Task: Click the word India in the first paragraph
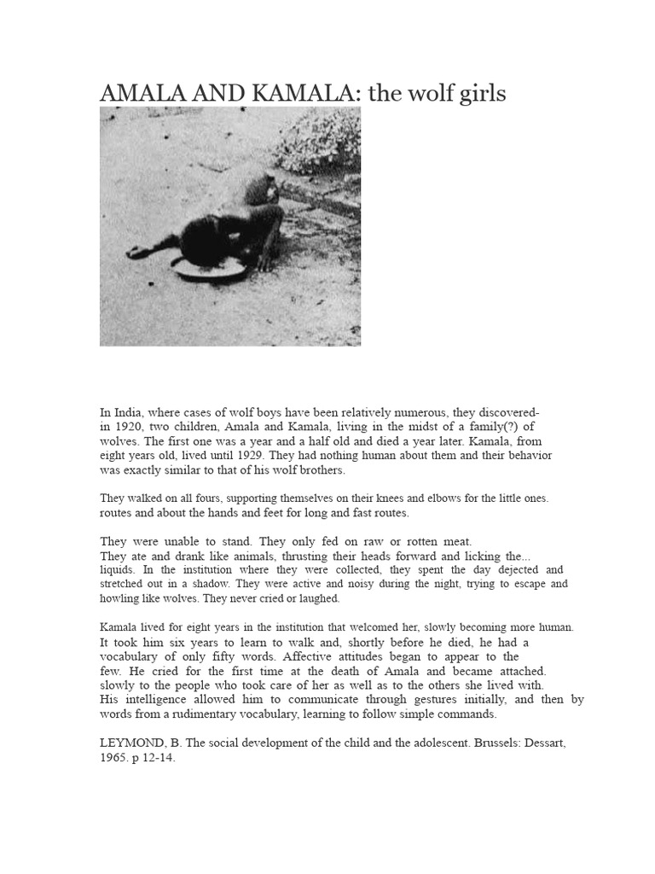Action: click(130, 412)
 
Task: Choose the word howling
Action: click(121, 598)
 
